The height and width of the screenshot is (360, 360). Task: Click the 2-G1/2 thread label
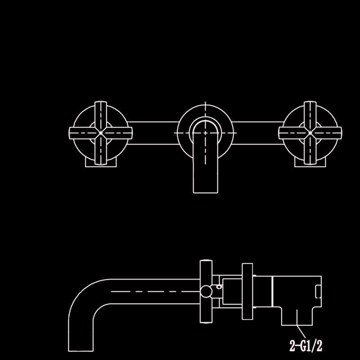point(306,346)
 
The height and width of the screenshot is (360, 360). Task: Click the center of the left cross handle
point(100,133)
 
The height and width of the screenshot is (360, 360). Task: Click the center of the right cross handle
point(310,133)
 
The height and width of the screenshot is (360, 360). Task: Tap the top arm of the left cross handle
point(101,115)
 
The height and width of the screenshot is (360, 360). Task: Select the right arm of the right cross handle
point(328,133)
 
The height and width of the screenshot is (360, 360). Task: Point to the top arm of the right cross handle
point(310,115)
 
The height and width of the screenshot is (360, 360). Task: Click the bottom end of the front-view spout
point(206,193)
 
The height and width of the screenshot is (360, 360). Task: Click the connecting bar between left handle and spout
point(153,133)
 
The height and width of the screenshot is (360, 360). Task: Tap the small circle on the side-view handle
point(206,291)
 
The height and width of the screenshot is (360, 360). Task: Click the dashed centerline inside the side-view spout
point(155,291)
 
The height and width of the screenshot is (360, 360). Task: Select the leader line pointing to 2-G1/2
point(301,332)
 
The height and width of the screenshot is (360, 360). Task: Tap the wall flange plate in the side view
point(247,291)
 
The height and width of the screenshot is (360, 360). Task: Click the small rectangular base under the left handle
point(101,162)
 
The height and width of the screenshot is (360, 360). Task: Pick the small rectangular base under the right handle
point(310,162)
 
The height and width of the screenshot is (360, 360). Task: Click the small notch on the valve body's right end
point(319,291)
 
